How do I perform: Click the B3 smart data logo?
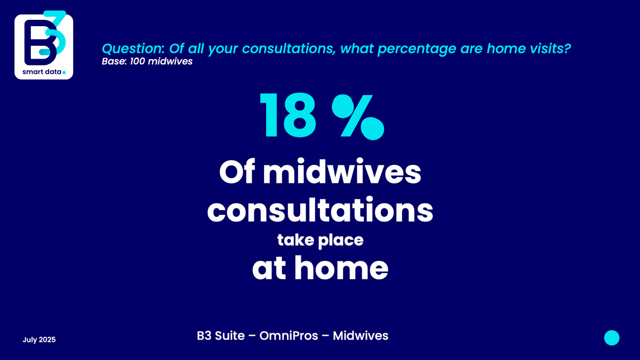click(44, 45)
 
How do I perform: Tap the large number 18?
click(288, 115)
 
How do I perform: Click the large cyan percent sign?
click(358, 117)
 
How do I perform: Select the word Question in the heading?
click(132, 49)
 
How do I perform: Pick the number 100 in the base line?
click(138, 61)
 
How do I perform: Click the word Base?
click(113, 61)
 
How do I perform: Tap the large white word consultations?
click(320, 210)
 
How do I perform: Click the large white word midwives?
click(342, 172)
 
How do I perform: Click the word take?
click(295, 239)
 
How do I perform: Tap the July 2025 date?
click(39, 340)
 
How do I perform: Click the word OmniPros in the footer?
click(289, 335)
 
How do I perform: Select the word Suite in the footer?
click(230, 335)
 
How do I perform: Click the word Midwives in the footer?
click(361, 335)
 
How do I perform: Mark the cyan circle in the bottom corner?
click(612, 338)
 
